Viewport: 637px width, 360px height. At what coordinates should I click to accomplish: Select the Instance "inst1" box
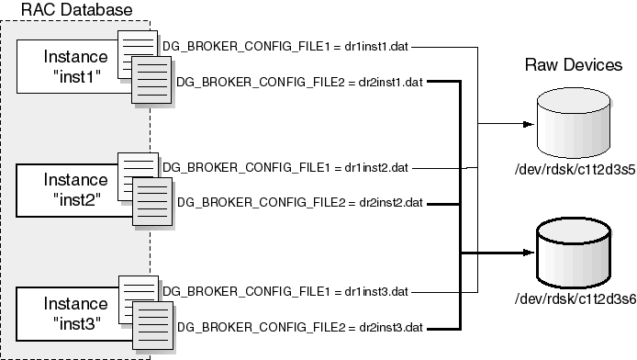[68, 65]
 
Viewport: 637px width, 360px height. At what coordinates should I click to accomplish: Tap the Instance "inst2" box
[68, 188]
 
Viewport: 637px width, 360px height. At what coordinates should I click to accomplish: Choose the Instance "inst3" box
[68, 312]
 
